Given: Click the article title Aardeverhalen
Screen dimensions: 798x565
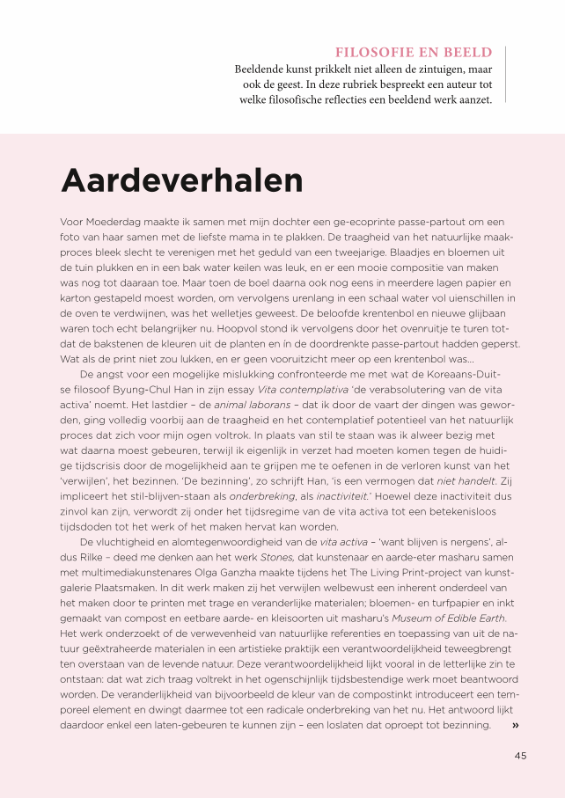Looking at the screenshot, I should (181, 180).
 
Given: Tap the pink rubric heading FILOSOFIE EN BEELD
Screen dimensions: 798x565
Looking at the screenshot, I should (414, 53).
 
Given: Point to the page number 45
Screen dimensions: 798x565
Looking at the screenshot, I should (520, 755).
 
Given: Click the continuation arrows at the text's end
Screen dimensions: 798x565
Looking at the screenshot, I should (515, 725).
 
